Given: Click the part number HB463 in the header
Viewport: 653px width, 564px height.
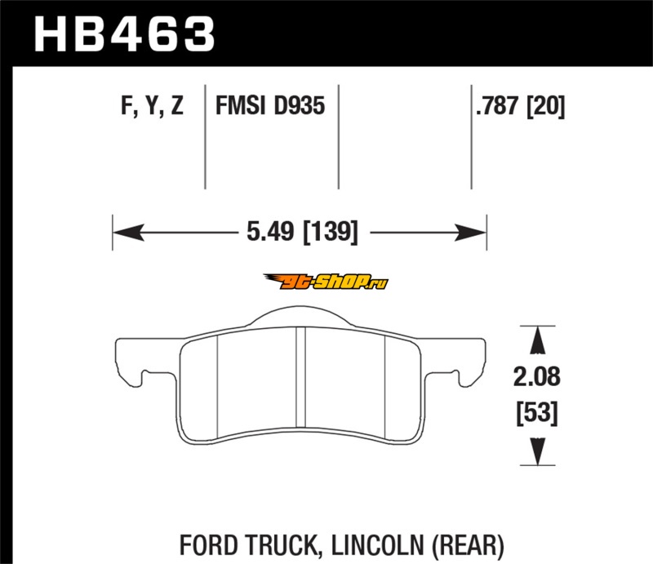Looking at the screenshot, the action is coord(124,34).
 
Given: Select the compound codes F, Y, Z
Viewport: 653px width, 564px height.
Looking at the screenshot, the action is coord(152,106).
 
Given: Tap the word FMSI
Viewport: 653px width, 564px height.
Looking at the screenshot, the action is coord(240,105).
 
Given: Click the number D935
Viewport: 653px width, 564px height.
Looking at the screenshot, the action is coord(300,105).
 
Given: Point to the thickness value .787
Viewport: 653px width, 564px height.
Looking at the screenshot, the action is coord(497,105).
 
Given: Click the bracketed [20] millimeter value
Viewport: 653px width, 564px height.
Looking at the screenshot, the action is coord(545,106).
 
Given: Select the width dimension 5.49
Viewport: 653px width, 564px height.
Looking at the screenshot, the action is coord(270,232).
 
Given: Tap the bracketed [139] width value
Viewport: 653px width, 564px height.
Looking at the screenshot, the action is coord(331,233).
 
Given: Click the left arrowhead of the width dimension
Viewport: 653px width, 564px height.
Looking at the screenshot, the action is coord(128,233).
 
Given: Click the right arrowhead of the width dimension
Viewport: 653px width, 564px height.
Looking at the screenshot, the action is coord(471,233).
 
